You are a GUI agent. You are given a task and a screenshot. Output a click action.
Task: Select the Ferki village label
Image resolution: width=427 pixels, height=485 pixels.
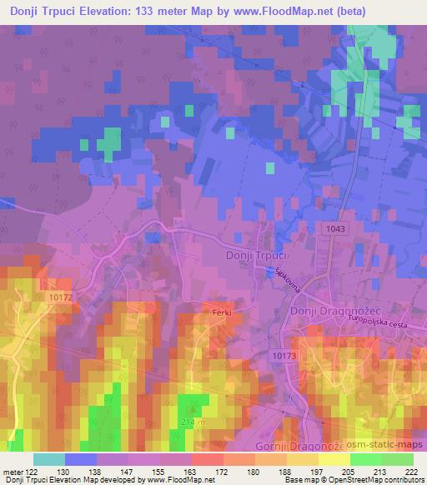(x=220, y=312)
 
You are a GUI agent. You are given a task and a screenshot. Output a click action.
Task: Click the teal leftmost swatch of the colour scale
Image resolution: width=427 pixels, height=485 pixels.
(x=48, y=459)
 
